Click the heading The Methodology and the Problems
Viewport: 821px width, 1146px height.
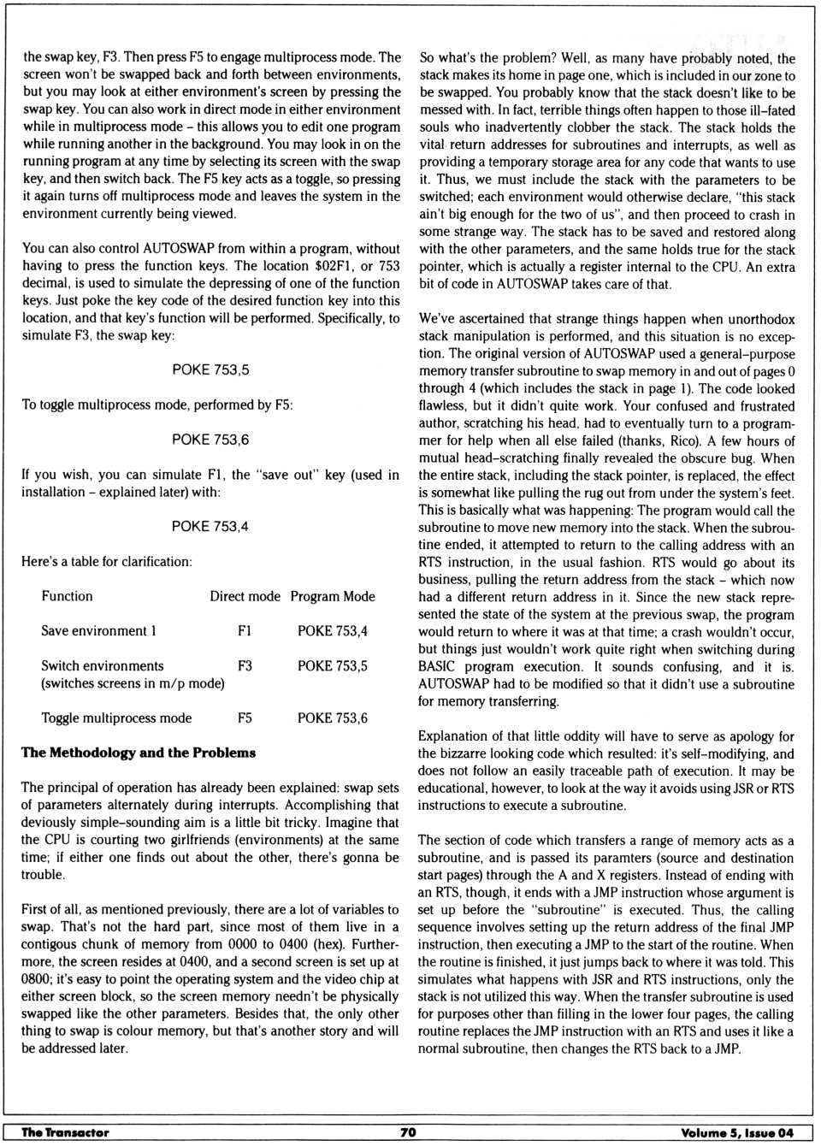[139, 753]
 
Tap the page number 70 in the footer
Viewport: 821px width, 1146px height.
[408, 1132]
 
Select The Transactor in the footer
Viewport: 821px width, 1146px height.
[65, 1132]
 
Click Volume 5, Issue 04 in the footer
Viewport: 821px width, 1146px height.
[737, 1132]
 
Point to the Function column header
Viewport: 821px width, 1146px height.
[67, 596]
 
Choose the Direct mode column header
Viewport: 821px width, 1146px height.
[245, 596]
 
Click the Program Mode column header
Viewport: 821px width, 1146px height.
[333, 596]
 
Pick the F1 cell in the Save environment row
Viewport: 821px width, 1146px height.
[245, 631]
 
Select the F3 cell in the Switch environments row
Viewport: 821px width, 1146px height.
[245, 666]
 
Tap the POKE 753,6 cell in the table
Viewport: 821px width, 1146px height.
[333, 718]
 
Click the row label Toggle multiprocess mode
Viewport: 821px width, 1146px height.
[116, 718]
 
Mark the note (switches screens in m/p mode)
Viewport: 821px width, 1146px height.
[133, 683]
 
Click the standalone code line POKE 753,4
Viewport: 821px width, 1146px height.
[210, 527]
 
